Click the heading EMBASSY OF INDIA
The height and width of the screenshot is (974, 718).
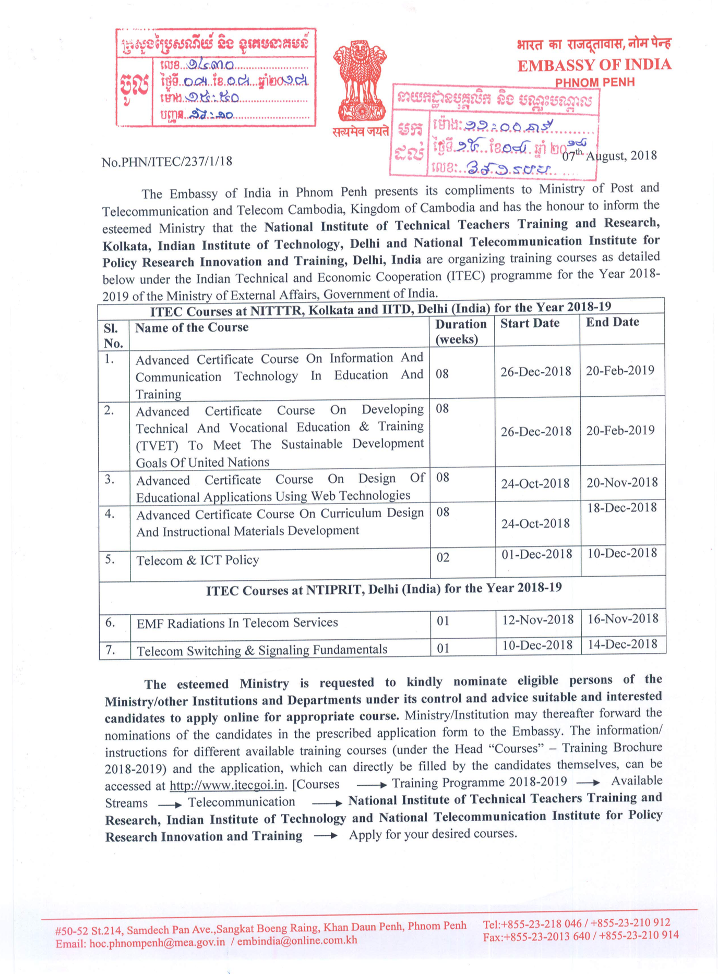pyautogui.click(x=594, y=65)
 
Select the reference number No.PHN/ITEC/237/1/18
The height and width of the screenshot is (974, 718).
pyautogui.click(x=167, y=162)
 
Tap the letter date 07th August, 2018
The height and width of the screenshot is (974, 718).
pyautogui.click(x=609, y=155)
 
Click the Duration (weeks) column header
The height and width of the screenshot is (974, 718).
pyautogui.click(x=461, y=332)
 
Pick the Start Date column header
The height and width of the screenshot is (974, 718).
pyautogui.click(x=530, y=323)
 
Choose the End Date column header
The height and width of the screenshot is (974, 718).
pyautogui.click(x=612, y=322)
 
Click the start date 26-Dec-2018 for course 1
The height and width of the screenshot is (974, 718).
pyautogui.click(x=536, y=371)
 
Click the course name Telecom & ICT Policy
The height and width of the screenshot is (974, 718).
pyautogui.click(x=197, y=561)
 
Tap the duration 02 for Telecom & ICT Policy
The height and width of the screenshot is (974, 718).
pyautogui.click(x=443, y=557)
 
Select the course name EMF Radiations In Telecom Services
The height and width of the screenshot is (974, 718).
pyautogui.click(x=237, y=623)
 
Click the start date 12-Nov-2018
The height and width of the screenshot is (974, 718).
pyautogui.click(x=537, y=620)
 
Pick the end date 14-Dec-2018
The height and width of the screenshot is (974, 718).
pyautogui.click(x=622, y=644)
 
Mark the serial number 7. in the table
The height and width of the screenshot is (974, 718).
pyautogui.click(x=110, y=649)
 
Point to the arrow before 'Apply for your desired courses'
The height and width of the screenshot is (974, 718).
pyautogui.click(x=326, y=836)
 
